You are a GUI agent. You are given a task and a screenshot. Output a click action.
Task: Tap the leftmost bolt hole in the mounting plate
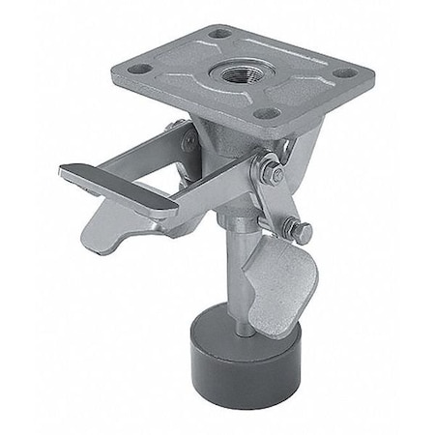141,69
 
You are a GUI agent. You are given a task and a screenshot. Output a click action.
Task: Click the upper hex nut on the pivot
273,174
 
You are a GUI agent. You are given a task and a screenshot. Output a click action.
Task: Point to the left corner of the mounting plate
114,70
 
